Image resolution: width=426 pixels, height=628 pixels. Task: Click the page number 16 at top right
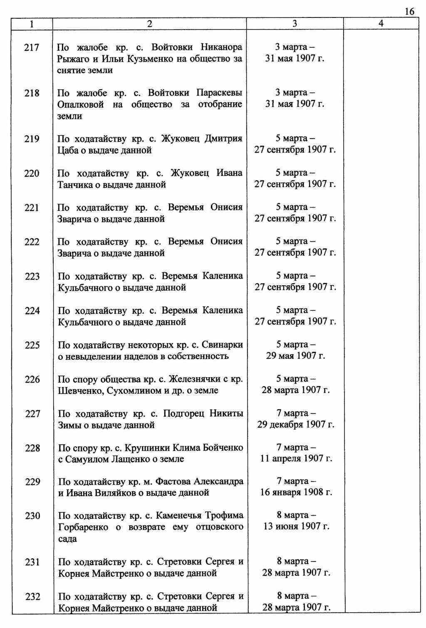409,11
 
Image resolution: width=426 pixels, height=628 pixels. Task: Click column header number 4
381,24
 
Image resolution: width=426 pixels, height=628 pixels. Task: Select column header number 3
295,24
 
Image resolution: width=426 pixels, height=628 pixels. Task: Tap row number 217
32,47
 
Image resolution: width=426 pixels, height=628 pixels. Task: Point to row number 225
32,345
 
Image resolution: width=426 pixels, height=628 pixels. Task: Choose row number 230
32,516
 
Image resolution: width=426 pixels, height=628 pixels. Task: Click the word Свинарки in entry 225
223,345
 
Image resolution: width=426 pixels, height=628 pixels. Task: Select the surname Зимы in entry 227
68,425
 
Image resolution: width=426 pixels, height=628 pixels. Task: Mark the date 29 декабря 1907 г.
295,425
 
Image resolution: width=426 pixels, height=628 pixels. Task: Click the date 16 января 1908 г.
296,492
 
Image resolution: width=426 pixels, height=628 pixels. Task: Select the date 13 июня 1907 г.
296,527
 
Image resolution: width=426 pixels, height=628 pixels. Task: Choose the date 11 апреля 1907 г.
296,459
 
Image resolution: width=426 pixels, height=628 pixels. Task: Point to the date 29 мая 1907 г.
295,356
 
